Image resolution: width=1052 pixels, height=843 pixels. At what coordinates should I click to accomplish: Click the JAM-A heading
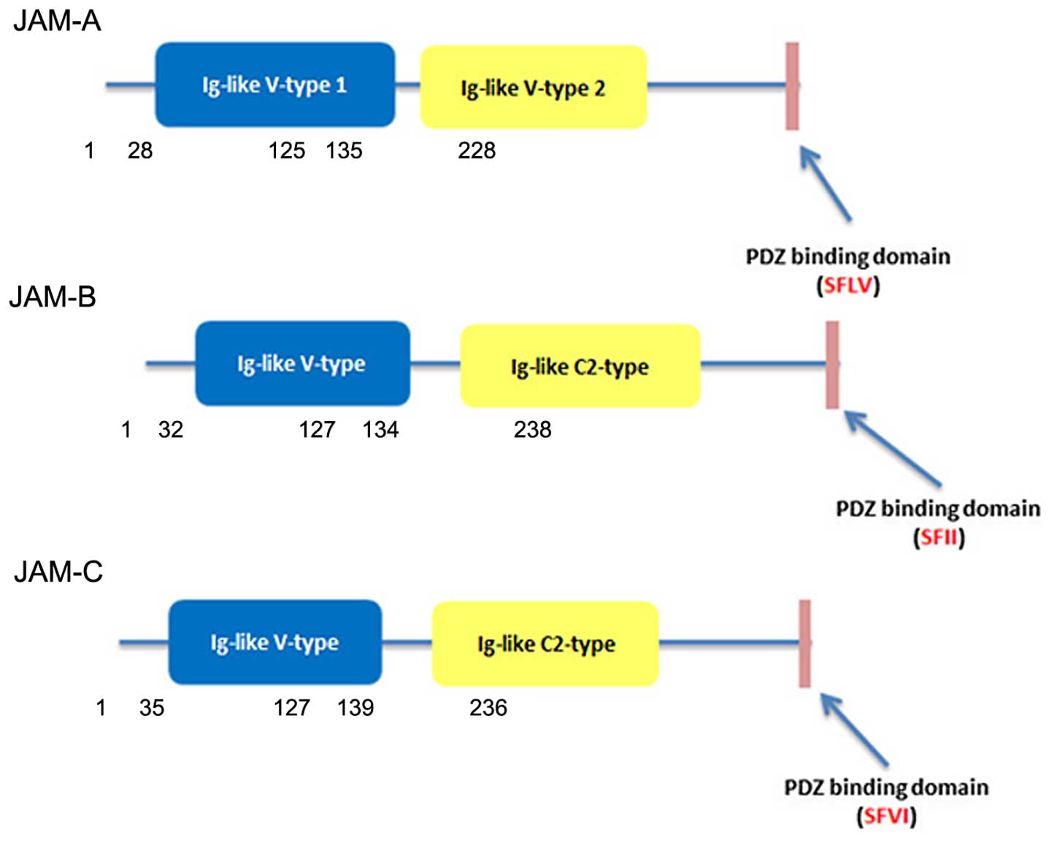[x=57, y=20]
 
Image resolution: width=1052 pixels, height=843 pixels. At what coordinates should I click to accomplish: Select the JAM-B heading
[x=53, y=297]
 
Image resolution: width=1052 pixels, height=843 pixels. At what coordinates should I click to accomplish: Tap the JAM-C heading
[x=58, y=571]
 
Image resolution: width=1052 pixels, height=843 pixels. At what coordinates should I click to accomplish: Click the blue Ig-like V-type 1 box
[x=274, y=85]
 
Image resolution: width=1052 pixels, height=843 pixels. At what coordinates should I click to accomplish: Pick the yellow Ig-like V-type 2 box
[x=533, y=88]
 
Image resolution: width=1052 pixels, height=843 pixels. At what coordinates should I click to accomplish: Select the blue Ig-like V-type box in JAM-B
[x=302, y=363]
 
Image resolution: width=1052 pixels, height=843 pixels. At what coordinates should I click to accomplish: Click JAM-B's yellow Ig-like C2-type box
[x=580, y=366]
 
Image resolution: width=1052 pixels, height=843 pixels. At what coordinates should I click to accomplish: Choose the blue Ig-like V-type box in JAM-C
[x=274, y=642]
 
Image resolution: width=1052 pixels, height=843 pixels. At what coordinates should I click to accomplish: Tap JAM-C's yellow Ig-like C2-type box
[x=545, y=644]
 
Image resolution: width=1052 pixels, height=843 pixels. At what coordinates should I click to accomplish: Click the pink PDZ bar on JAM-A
[x=792, y=86]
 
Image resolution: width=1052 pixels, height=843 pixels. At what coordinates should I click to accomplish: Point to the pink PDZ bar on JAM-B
[x=832, y=364]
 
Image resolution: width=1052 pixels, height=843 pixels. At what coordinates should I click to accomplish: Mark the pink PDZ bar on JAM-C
[x=805, y=643]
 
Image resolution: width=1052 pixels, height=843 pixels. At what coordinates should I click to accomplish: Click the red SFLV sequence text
[x=848, y=285]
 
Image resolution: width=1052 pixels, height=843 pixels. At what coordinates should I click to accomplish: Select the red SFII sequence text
[x=939, y=537]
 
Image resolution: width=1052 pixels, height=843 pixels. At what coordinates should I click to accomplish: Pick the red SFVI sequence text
[x=886, y=815]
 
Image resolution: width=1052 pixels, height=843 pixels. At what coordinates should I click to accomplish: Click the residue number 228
[x=477, y=150]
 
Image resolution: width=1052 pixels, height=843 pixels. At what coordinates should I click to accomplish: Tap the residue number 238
[x=532, y=429]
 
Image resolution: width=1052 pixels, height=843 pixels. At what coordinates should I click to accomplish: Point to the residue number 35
[x=152, y=707]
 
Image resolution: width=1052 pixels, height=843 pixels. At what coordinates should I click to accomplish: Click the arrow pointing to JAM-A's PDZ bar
[x=826, y=183]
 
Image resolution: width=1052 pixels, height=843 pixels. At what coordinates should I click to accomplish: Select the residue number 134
[x=380, y=429]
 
